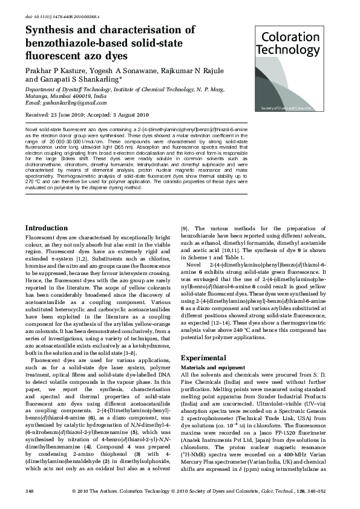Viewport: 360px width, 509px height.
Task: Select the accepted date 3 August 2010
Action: [x=128, y=115]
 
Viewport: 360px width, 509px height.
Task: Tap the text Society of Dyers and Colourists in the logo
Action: [x=286, y=108]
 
